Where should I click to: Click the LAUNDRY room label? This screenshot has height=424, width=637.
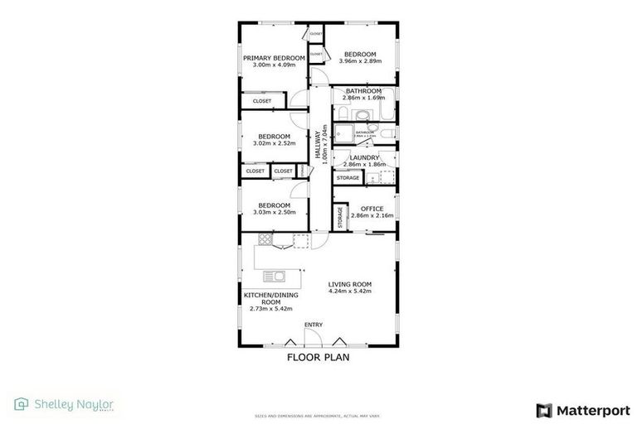click(364, 157)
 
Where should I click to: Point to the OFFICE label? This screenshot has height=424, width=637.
click(372, 209)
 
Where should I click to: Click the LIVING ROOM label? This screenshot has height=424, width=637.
click(349, 284)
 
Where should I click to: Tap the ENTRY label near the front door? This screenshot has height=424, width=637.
click(314, 324)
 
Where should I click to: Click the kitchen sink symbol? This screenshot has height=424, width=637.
click(275, 276)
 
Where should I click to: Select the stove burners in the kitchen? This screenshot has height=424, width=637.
click(265, 240)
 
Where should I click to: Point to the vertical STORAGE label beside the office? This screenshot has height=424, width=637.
click(340, 217)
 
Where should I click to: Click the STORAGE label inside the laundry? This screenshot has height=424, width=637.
click(348, 178)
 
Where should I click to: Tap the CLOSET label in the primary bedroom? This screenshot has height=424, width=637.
click(262, 101)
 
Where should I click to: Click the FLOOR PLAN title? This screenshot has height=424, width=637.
click(318, 358)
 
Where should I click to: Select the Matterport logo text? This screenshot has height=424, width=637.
click(593, 410)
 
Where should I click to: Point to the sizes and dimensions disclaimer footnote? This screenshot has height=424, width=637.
click(318, 416)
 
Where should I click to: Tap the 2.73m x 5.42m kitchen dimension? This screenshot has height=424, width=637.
click(266, 309)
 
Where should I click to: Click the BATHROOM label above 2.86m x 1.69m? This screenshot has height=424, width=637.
click(363, 90)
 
